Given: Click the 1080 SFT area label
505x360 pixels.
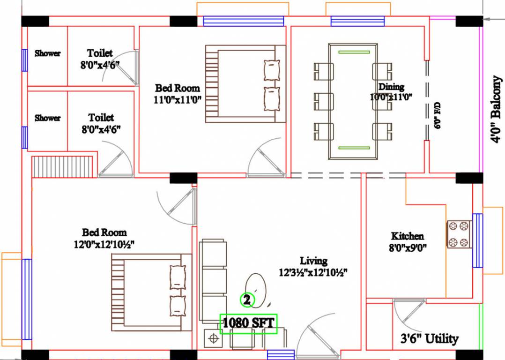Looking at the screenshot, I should pyautogui.click(x=249, y=323).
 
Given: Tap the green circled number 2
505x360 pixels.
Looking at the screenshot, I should pyautogui.click(x=247, y=299).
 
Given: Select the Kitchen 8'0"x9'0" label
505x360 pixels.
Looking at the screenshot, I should pyautogui.click(x=408, y=241).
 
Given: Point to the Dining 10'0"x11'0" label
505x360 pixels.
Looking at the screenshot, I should pyautogui.click(x=391, y=92).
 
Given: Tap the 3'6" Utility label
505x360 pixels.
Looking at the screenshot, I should pyautogui.click(x=429, y=338).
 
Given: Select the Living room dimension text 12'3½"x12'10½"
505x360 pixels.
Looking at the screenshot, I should pyautogui.click(x=313, y=272).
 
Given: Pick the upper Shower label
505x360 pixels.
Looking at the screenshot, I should pyautogui.click(x=47, y=53).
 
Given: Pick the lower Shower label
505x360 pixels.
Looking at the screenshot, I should pyautogui.click(x=47, y=118).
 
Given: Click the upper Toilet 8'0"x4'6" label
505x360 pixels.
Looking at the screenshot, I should pyautogui.click(x=100, y=59).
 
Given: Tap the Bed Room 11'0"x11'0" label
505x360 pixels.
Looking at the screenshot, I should pyautogui.click(x=178, y=93).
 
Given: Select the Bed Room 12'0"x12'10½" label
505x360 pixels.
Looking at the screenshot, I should pyautogui.click(x=104, y=238).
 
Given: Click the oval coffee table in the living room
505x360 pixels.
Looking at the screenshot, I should pyautogui.click(x=256, y=286).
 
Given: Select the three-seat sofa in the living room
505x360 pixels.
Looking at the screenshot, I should pyautogui.click(x=213, y=281).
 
